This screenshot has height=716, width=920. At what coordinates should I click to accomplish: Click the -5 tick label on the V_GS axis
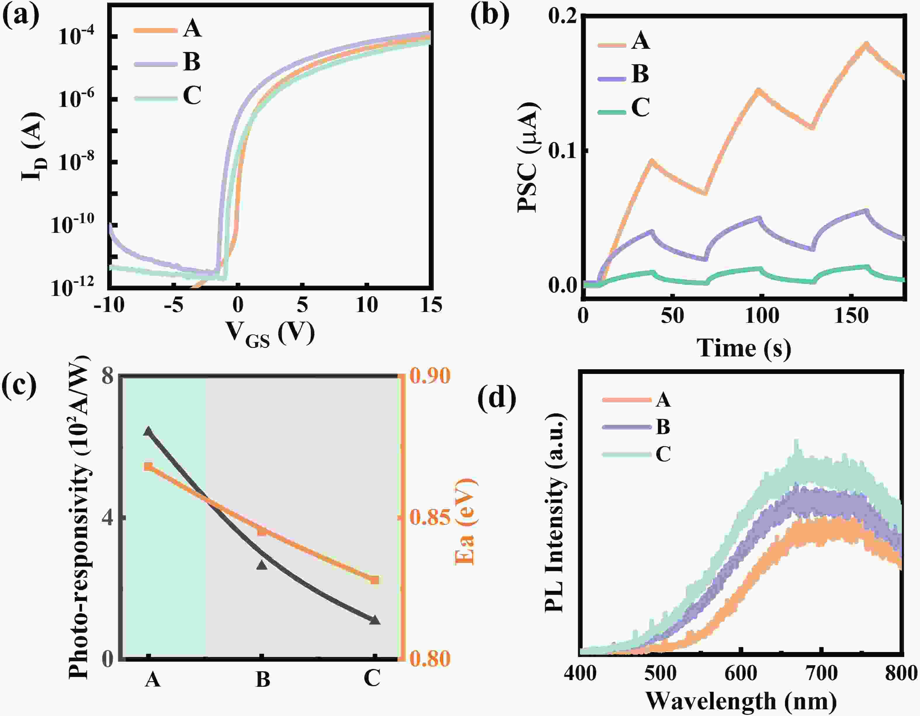click(173, 304)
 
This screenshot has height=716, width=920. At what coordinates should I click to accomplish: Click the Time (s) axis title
click(744, 348)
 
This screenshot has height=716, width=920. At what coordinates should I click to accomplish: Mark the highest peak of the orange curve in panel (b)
click(866, 44)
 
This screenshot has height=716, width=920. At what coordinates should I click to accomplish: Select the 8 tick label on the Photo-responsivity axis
click(108, 375)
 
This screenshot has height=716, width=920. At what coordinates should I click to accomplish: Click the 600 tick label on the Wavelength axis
click(741, 673)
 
